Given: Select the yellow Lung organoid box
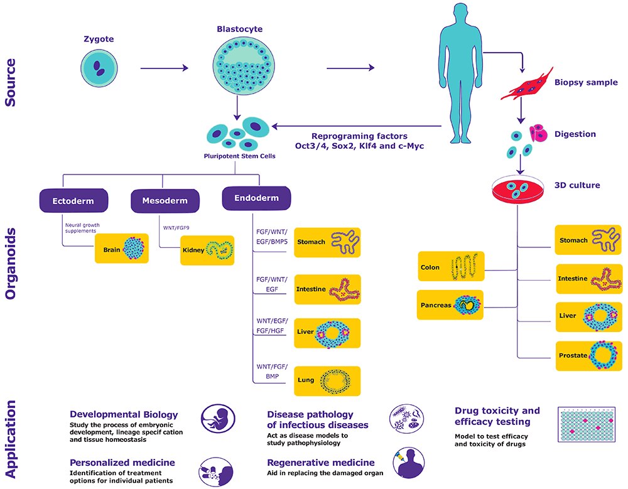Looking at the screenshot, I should (328, 380).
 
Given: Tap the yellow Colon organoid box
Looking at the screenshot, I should (452, 267).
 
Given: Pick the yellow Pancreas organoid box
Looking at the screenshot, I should (452, 305).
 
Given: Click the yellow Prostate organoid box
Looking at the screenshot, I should (588, 355).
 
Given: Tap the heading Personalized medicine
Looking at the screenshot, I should (122, 463).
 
